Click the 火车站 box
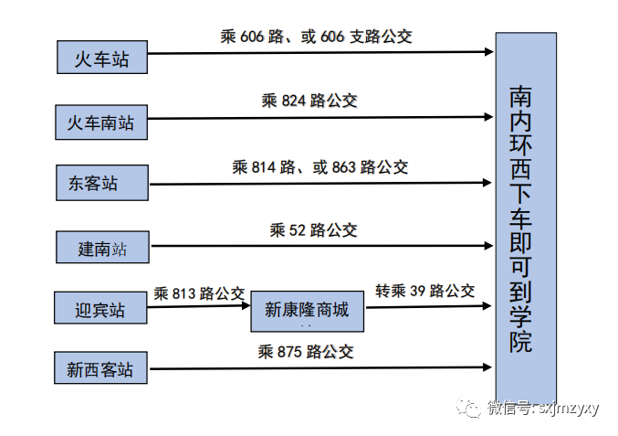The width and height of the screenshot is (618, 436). pyautogui.click(x=101, y=59)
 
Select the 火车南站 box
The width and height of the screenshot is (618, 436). pyautogui.click(x=101, y=122)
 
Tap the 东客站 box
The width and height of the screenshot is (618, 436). pyautogui.click(x=101, y=182)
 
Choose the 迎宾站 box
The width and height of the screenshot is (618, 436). pyautogui.click(x=100, y=309)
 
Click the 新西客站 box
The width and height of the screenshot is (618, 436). pyautogui.click(x=100, y=369)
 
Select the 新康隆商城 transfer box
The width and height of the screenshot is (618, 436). pyautogui.click(x=307, y=309)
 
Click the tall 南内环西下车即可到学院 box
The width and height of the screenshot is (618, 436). pyautogui.click(x=526, y=215)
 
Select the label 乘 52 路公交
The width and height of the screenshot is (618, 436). pyautogui.click(x=313, y=230)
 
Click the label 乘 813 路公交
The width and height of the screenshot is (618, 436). pyautogui.click(x=199, y=293)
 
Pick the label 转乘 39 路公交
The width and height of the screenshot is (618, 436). pyautogui.click(x=425, y=291)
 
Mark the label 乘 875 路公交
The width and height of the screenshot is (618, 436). pyautogui.click(x=306, y=351)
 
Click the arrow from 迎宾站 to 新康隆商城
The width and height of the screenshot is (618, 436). pyautogui.click(x=199, y=306)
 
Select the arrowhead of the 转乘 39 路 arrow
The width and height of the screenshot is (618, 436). pyautogui.click(x=488, y=306)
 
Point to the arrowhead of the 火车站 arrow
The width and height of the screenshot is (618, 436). pyautogui.click(x=488, y=52)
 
